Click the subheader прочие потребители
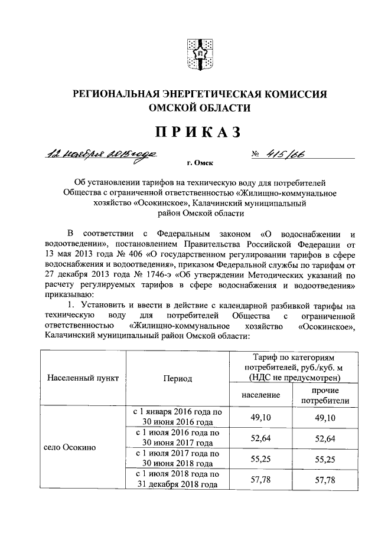[325, 395]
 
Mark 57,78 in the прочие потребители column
[325, 479]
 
